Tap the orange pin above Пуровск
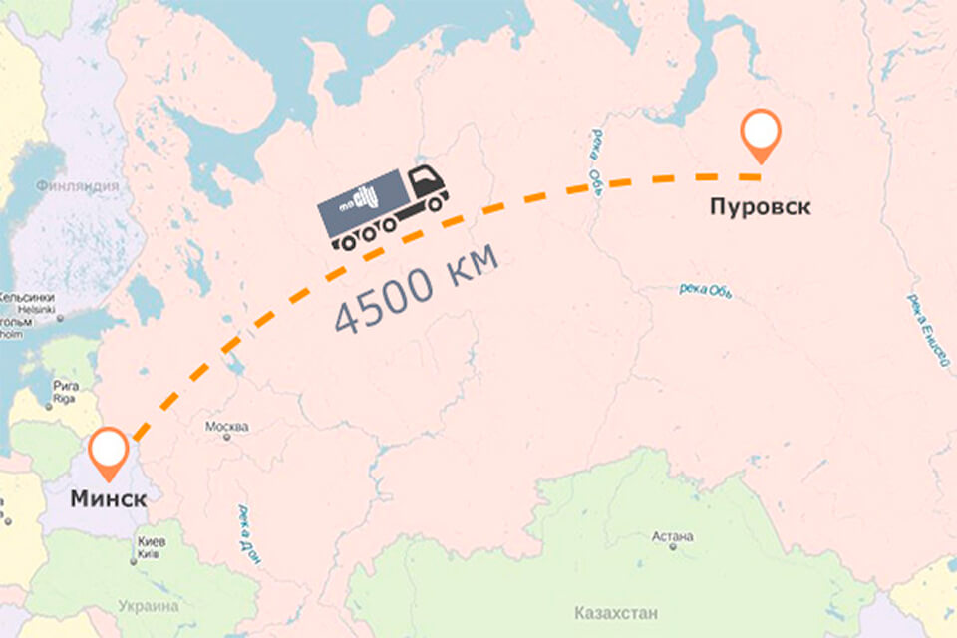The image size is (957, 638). (761, 134)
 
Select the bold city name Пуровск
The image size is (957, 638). (760, 207)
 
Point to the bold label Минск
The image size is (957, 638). (108, 500)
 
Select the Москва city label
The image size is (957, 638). (226, 427)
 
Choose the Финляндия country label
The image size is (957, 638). (77, 186)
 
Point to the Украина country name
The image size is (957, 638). (147, 606)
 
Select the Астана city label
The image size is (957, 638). (672, 537)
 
